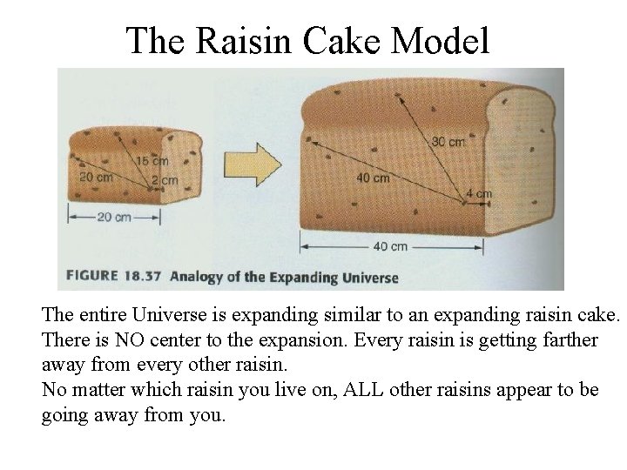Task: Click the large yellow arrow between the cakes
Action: [251, 164]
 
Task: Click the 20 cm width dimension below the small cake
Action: [113, 218]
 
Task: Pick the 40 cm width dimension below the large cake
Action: [390, 246]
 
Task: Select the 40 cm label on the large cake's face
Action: [373, 178]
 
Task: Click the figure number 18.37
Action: [143, 277]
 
